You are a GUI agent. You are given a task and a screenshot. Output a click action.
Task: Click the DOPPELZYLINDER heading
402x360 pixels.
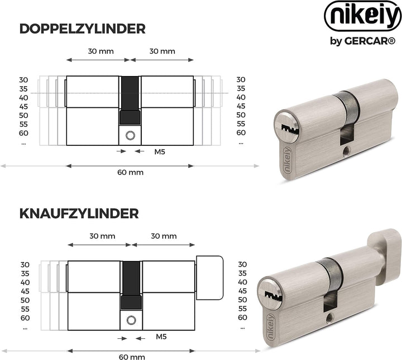click(82, 29)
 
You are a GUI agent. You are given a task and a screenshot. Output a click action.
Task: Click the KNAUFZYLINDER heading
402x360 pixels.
click(79, 214)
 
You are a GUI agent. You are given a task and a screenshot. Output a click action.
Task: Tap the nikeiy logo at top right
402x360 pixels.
click(363, 16)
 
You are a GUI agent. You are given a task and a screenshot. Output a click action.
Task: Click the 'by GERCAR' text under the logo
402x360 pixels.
click(363, 41)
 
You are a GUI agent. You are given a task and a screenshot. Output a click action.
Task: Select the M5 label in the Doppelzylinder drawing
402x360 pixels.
click(160, 151)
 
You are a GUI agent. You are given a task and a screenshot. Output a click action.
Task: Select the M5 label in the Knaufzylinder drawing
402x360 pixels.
click(161, 337)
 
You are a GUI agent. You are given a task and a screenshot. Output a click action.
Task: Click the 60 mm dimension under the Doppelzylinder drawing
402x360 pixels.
click(130, 172)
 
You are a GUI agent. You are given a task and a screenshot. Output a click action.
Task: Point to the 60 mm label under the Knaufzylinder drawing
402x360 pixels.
click(132, 357)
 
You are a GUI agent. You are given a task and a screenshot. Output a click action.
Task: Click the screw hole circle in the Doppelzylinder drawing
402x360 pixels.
click(130, 135)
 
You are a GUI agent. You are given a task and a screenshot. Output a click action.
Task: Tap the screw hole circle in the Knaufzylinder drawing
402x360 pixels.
click(132, 320)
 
